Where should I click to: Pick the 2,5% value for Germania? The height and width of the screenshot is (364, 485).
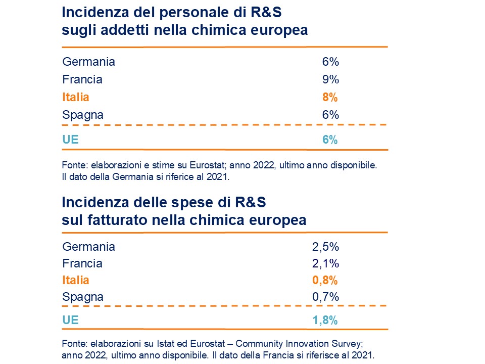325,247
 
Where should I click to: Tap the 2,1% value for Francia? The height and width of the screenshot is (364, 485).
325,263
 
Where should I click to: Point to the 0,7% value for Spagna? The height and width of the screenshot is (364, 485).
325,297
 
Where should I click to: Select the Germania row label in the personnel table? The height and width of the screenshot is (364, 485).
88,62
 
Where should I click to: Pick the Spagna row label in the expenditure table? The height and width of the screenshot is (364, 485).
83,297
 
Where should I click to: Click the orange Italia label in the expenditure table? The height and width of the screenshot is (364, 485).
75,280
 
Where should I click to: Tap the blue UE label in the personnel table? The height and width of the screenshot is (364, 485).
70,140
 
